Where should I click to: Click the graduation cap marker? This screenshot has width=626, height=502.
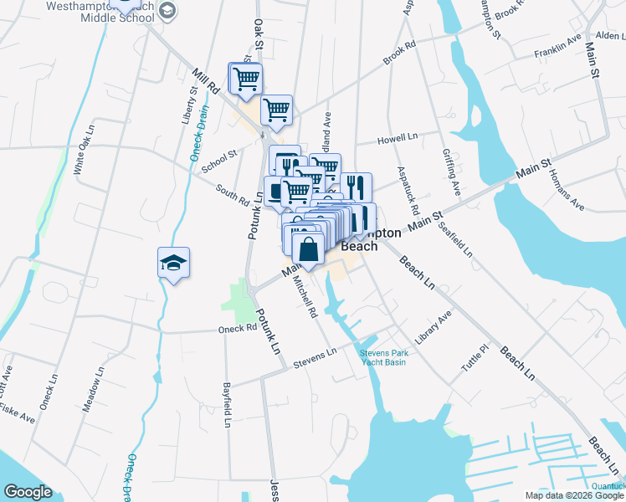[x=174, y=264]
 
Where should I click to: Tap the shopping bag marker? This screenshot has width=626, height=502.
[x=308, y=248]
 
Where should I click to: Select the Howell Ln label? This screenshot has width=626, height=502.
[x=397, y=138]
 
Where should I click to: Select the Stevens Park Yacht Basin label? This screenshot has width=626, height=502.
[x=383, y=357]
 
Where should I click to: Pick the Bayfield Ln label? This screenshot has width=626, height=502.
[x=226, y=406]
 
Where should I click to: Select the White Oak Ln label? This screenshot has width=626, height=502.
[x=85, y=151]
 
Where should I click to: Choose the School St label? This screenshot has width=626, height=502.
[x=221, y=158]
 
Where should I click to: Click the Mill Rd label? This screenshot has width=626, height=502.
[x=204, y=80]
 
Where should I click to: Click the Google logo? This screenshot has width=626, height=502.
[x=28, y=492]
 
